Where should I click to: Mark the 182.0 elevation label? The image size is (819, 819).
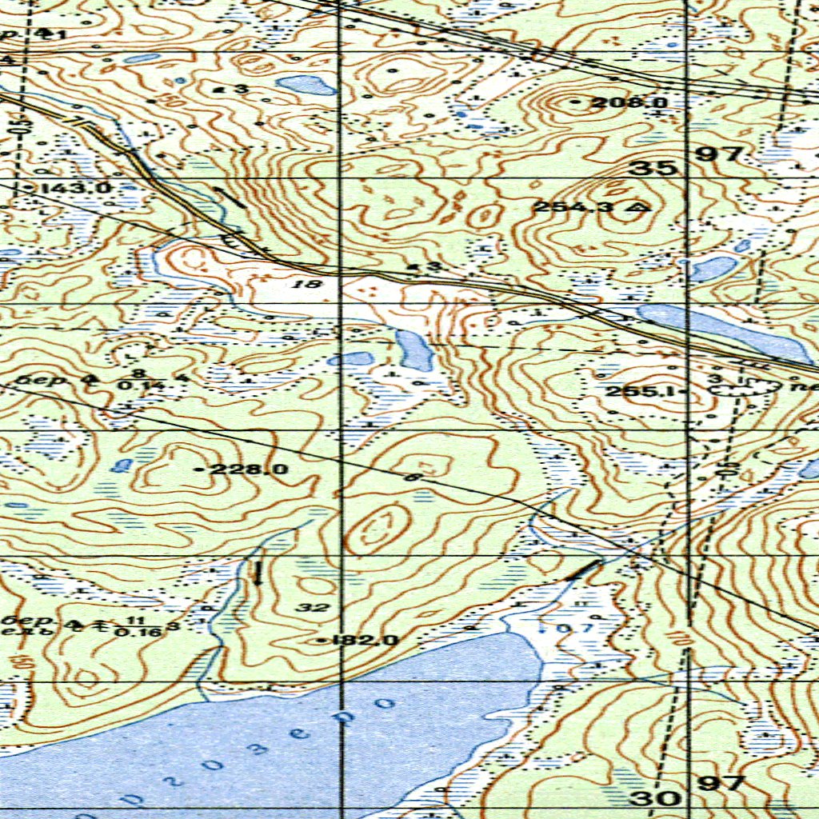point(357,640)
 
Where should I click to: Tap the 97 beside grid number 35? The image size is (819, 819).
point(722,154)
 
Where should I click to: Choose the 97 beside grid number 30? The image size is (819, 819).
point(722,783)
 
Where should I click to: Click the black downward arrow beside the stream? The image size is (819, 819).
point(258,573)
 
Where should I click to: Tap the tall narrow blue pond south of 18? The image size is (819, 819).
point(414,350)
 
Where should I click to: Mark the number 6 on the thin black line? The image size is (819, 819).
point(413,477)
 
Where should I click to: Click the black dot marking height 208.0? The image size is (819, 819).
point(578,102)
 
